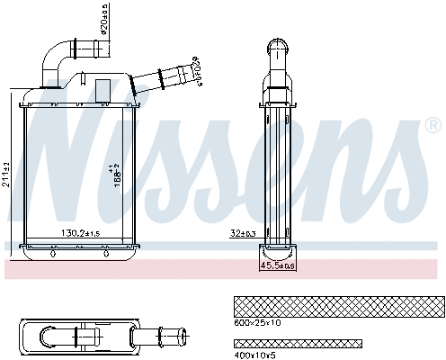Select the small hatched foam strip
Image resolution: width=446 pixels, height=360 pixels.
[x=298, y=344]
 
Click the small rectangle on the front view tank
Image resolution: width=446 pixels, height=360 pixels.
[x=103, y=90]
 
